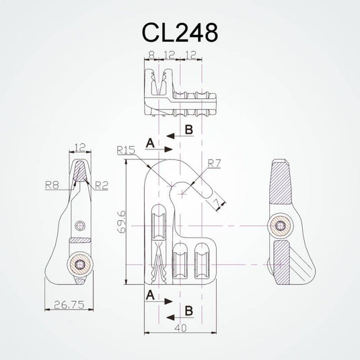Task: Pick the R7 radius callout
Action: (x=214, y=163)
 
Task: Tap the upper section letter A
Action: (x=149, y=143)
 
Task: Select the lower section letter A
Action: (x=149, y=294)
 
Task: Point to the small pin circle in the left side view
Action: (x=81, y=225)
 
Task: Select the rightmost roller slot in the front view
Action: (x=201, y=263)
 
